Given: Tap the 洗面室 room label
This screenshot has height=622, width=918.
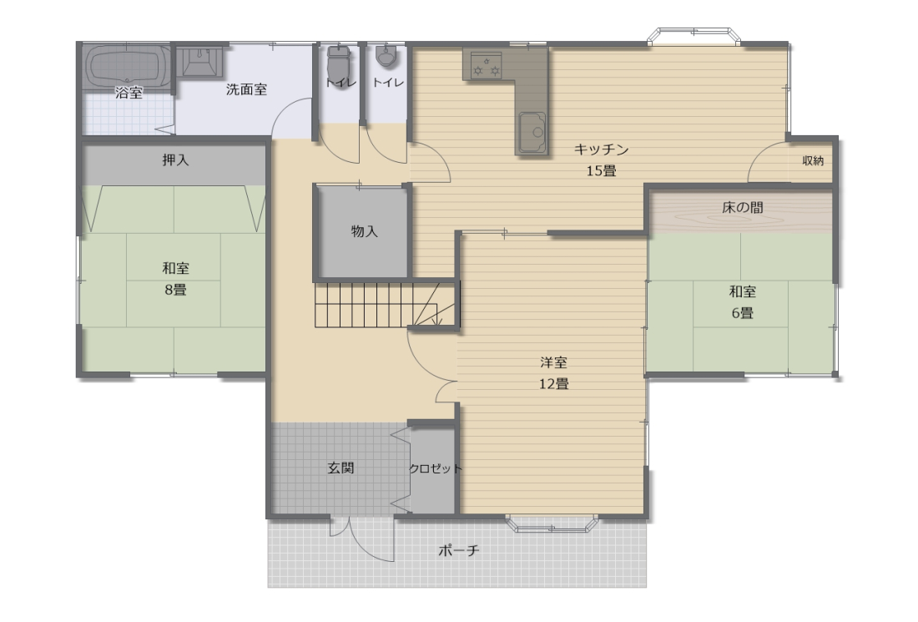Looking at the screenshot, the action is tap(246, 89).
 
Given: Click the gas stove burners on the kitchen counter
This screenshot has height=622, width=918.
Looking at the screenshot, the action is tap(486, 65).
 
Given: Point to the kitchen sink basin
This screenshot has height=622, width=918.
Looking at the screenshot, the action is tap(532, 133).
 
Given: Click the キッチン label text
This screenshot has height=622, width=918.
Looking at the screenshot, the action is tap(601, 149).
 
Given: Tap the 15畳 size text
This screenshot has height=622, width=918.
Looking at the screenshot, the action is tap(601, 171).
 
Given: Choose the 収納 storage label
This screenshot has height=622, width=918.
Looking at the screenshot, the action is tap(813, 160).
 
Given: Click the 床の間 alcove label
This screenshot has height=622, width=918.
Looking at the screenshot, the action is tap(743, 207).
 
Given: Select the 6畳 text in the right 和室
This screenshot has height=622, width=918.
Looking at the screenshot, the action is tap(743, 313).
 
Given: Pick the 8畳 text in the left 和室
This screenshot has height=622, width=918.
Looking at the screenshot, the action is tap(175, 290).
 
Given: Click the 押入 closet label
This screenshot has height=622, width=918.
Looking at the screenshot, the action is tap(175, 160).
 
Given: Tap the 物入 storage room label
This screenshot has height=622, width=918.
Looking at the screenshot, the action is tap(364, 231).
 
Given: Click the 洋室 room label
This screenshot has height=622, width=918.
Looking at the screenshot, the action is tap(554, 362).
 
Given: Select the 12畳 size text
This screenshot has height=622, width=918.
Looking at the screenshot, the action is tap(554, 384).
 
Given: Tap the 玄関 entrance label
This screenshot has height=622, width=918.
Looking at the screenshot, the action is tap(340, 468).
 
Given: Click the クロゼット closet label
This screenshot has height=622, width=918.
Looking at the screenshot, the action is tap(435, 468).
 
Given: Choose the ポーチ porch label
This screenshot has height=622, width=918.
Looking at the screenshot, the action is tap(459, 550).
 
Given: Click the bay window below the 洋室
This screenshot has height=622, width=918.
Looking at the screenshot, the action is tap(552, 524).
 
